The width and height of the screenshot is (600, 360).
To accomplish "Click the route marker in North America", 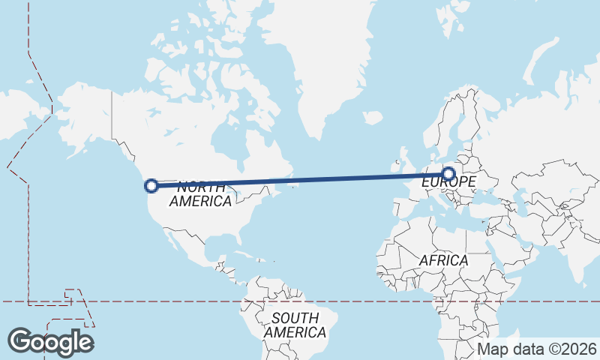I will [x=151, y=185].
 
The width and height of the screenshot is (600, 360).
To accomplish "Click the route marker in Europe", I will [x=448, y=174].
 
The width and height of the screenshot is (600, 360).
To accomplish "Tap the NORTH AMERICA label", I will [x=200, y=194].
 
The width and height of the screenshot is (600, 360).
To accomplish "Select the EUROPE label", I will [x=448, y=182].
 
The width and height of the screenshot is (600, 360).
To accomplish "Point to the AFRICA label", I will [x=443, y=260].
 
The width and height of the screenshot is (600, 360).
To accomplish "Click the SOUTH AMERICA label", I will [x=295, y=325].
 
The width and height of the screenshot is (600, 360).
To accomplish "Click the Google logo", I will [x=50, y=341].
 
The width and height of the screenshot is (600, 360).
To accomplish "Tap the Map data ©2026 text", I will [x=537, y=349].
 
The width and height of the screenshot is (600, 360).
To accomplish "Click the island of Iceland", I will [x=373, y=118].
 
